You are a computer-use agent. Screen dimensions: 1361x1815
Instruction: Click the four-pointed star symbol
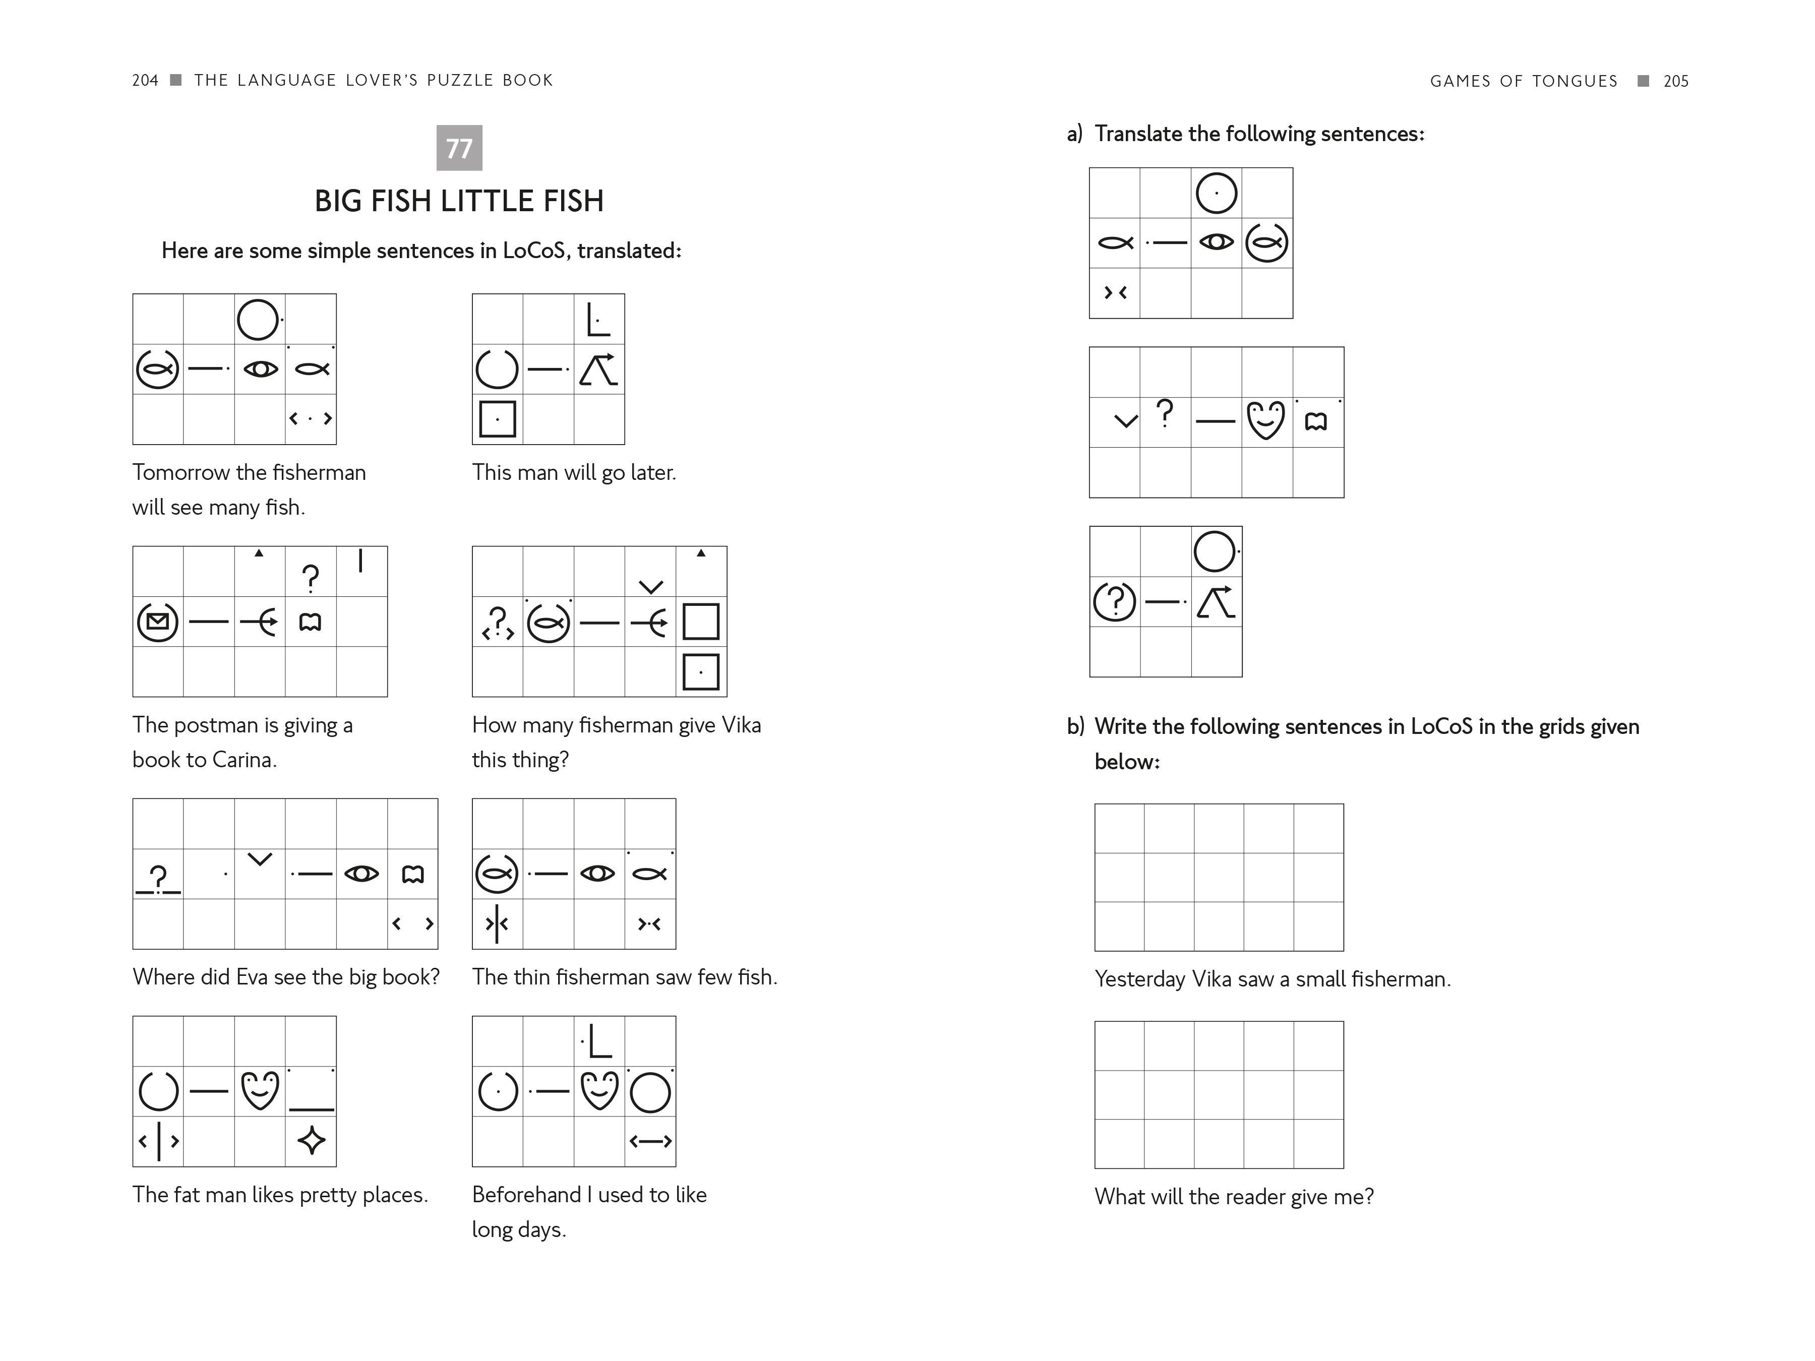311,1140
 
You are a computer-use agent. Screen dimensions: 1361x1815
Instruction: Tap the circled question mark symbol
1114,602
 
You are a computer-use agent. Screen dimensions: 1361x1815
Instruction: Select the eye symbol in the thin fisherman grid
597,874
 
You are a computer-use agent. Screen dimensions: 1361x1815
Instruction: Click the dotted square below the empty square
701,672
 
